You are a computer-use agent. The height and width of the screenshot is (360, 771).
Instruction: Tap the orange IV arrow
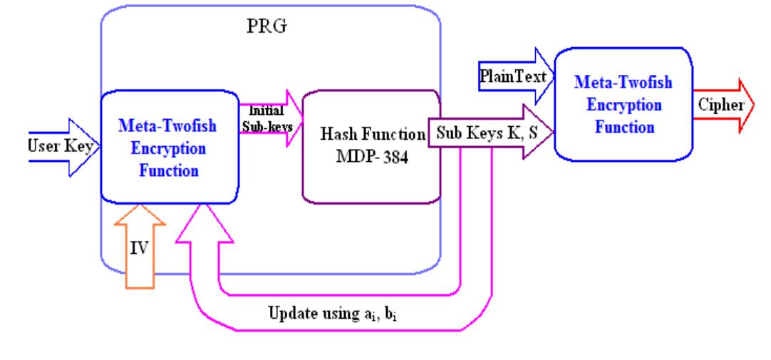(x=142, y=250)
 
